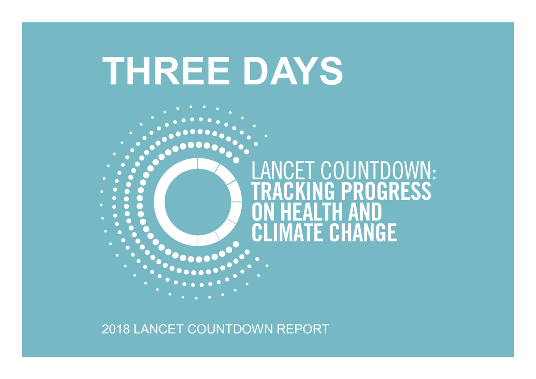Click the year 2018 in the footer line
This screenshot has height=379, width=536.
pos(115,330)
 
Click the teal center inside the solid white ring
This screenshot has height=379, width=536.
pos(197,202)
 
